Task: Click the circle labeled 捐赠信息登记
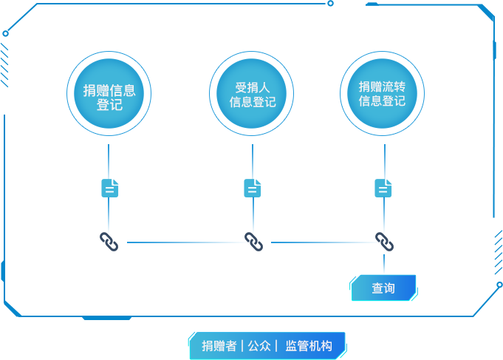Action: pos(109,97)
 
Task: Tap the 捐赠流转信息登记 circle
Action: pos(383,93)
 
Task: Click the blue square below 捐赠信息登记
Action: pos(111,187)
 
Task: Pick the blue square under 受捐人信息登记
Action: pos(253,187)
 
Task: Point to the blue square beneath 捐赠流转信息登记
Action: pos(384,187)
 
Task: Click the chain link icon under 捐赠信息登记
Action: pos(109,242)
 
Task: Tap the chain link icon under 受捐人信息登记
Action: pos(253,242)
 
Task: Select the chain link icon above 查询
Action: pos(384,242)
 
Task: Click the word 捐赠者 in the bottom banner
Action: pos(219,346)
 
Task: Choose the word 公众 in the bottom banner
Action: pos(259,346)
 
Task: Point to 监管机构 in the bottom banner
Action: pos(309,346)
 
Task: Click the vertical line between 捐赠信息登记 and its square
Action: pos(109,159)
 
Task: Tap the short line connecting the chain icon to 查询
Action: pos(384,264)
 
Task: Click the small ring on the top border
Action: pos(330,4)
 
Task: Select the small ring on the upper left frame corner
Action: pos(6,33)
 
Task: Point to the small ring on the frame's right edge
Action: pos(499,285)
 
